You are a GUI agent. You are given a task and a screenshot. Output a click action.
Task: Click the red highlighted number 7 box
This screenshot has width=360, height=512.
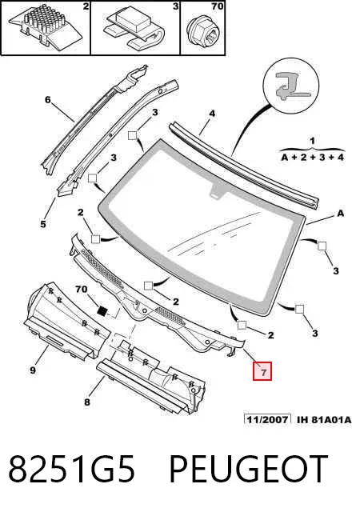262,371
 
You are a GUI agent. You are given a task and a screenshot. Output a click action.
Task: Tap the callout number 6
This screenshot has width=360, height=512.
48,99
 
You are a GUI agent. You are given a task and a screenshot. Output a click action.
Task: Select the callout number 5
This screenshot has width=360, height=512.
43,224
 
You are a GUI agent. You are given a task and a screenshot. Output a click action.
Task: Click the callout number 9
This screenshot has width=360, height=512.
33,370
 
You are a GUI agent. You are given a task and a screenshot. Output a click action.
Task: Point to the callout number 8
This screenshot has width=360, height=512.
87,402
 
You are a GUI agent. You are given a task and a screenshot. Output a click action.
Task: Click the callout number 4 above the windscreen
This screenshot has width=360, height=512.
212,114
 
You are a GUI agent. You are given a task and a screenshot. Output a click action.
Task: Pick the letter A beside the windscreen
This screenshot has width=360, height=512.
340,214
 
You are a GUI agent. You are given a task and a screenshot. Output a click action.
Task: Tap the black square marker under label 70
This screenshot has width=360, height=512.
103,310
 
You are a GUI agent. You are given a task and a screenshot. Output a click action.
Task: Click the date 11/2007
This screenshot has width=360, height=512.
267,419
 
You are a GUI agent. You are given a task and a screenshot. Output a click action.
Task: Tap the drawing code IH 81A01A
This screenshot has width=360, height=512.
324,419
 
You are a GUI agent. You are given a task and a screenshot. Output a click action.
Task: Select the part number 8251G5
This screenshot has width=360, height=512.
71,469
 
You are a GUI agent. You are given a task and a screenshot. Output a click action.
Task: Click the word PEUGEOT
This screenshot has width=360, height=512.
248,469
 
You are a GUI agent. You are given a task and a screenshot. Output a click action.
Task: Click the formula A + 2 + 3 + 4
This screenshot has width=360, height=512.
313,157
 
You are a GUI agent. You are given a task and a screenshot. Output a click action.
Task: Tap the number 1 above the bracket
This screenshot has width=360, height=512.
312,141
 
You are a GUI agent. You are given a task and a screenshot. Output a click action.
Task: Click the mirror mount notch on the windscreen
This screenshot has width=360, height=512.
217,190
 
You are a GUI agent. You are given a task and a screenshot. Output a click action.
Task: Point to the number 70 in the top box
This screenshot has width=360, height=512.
217,6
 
